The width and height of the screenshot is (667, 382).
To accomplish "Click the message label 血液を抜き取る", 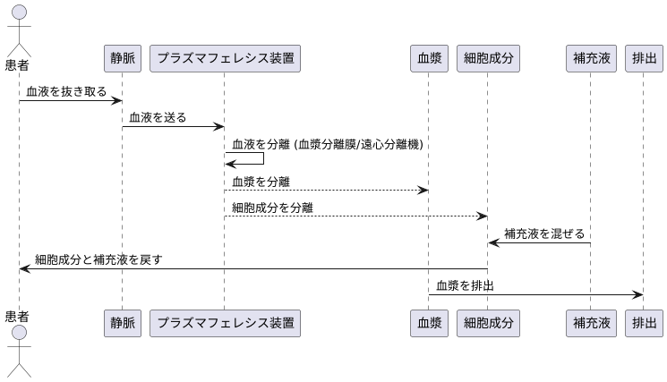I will tap(66, 91).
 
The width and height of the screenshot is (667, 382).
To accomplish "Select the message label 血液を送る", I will tap(158, 117).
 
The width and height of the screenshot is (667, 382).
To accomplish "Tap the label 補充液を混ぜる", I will tap(544, 234).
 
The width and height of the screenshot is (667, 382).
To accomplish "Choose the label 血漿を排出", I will tap(466, 286).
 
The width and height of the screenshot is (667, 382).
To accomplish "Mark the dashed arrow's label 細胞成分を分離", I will tap(272, 208).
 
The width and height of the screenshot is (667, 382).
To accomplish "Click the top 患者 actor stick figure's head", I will tap(18, 14).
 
